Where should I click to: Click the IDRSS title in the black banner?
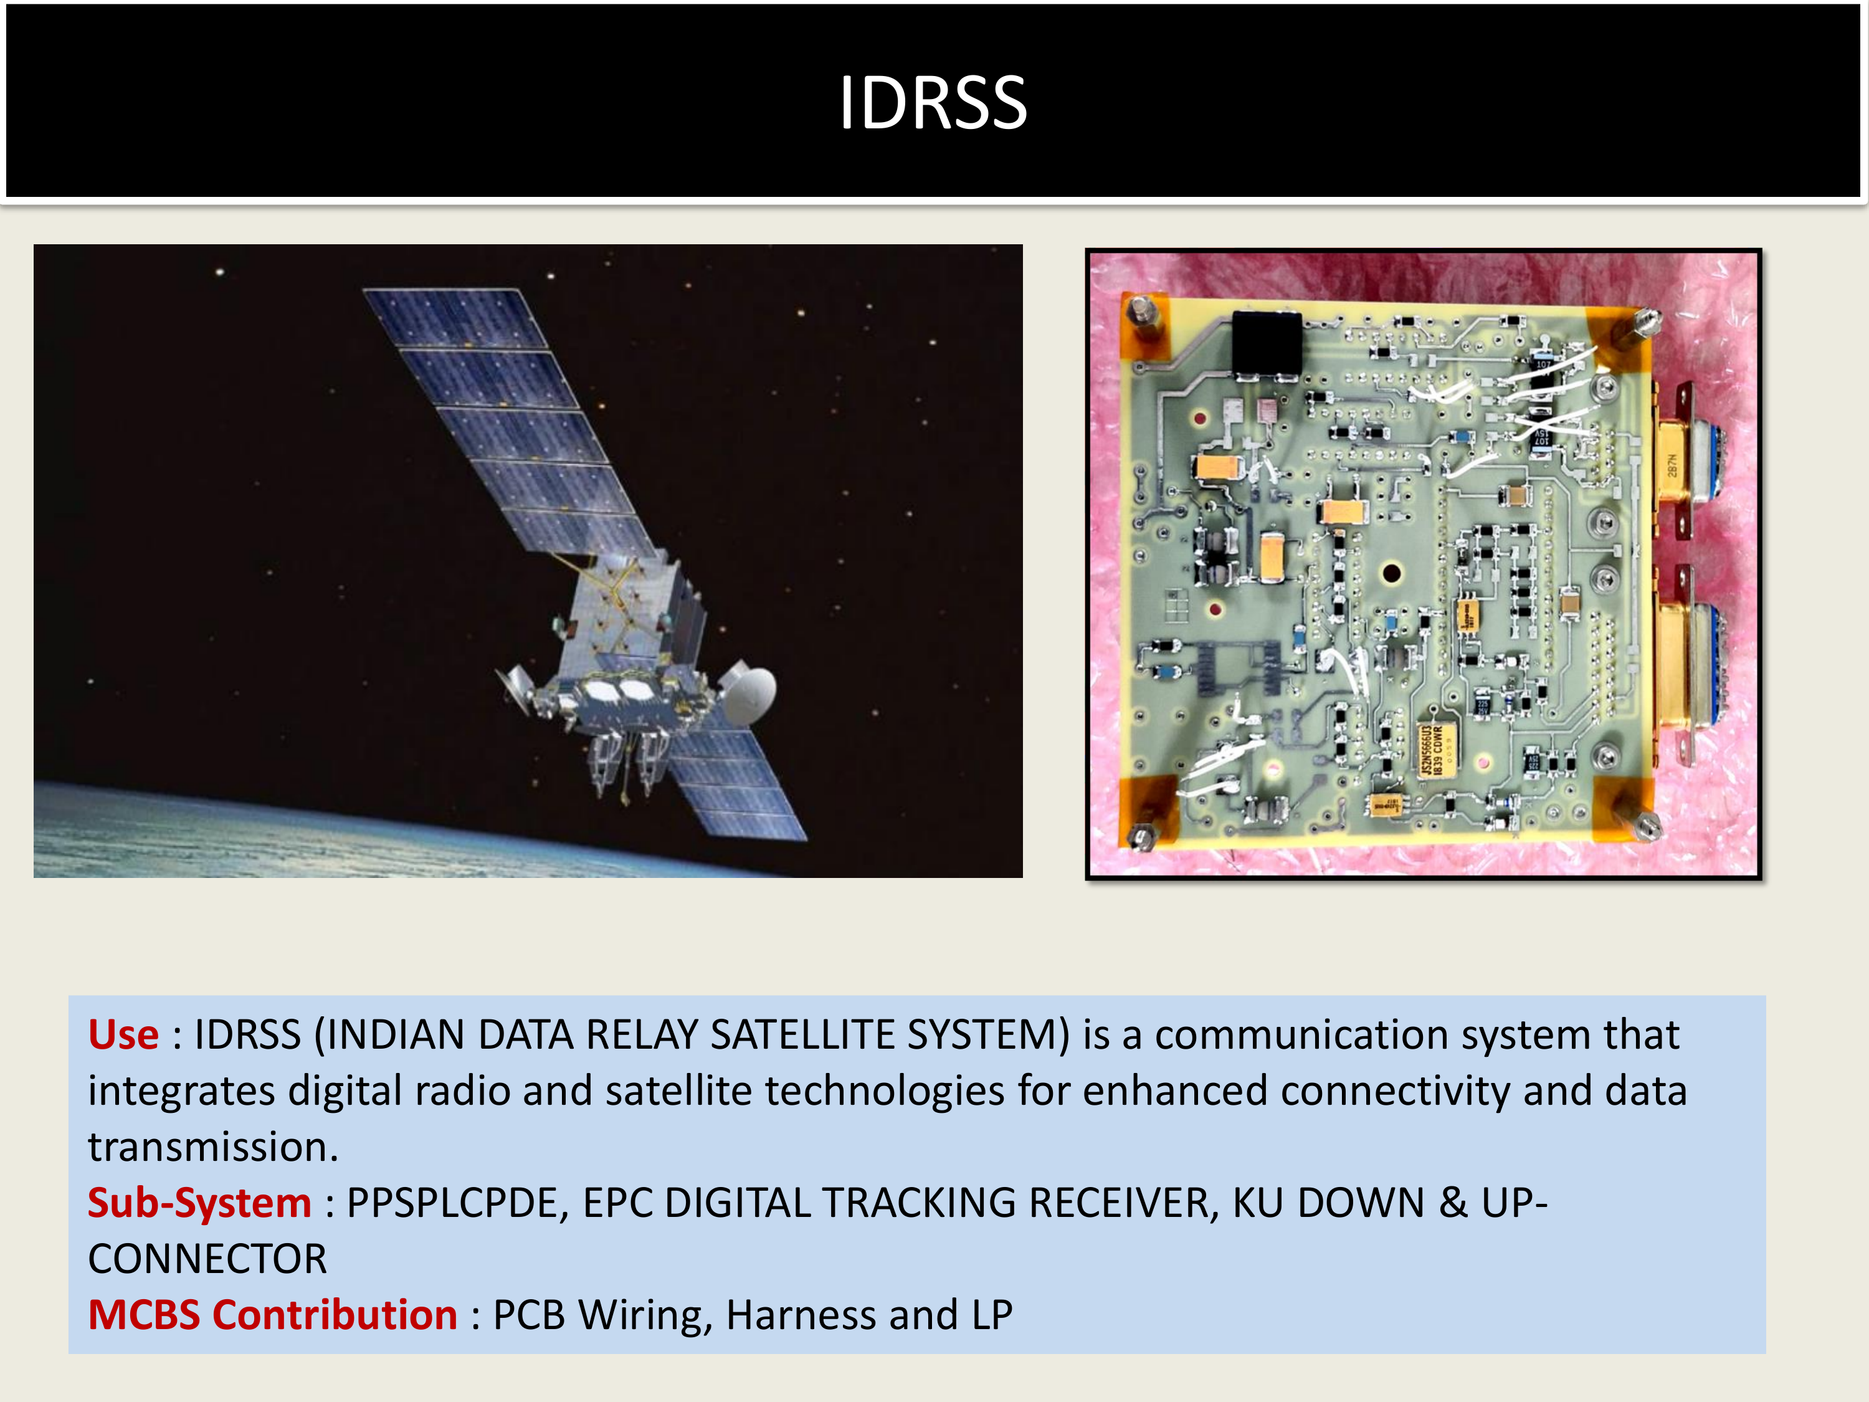[x=933, y=102]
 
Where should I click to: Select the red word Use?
[x=123, y=1034]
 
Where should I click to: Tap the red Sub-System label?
[x=199, y=1203]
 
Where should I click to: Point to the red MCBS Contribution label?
[x=272, y=1315]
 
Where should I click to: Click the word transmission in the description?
[x=213, y=1147]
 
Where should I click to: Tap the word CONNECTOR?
[x=207, y=1259]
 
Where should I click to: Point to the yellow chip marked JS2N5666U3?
[x=1437, y=749]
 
